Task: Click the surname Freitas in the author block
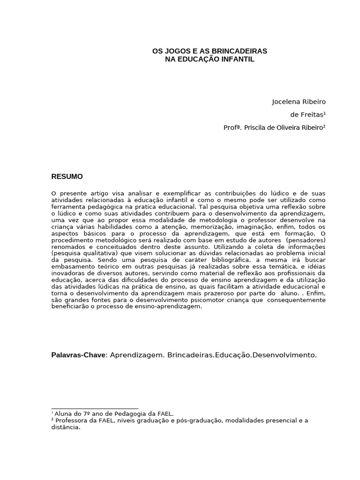pos(312,115)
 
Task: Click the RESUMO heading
pos(67,177)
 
